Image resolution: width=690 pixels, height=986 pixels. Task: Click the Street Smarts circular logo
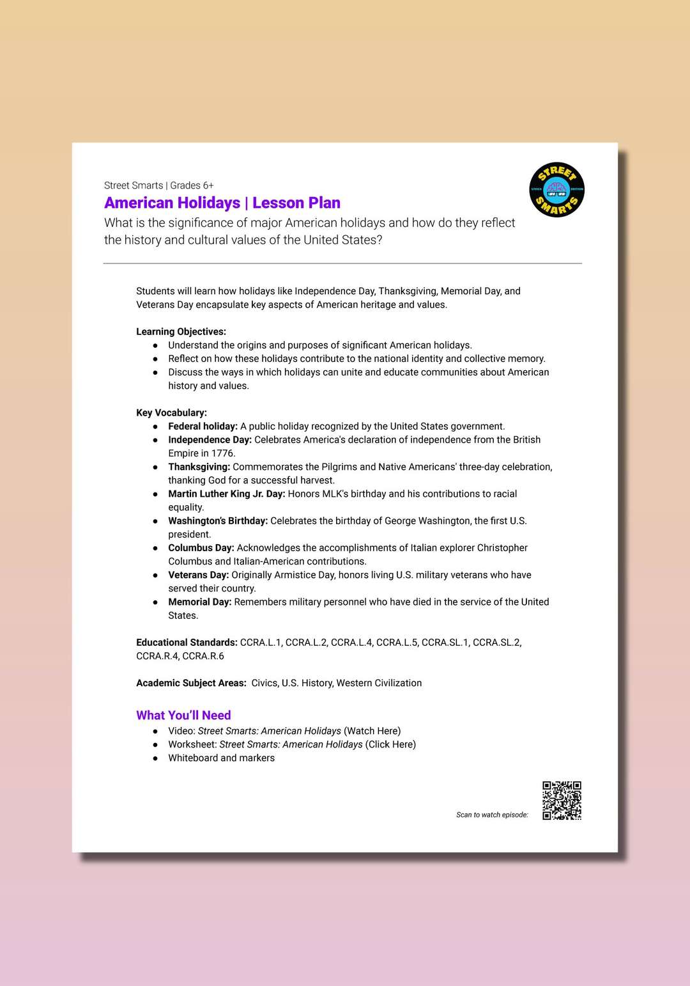[556, 190]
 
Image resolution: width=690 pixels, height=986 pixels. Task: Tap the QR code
[562, 800]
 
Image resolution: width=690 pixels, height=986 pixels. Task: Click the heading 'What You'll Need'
[183, 716]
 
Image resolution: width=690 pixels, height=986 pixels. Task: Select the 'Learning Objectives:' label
[181, 332]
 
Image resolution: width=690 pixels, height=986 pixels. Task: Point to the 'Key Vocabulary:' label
[171, 413]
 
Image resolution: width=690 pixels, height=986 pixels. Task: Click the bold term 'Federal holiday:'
[203, 426]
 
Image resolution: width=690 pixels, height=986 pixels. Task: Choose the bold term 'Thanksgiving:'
[199, 467]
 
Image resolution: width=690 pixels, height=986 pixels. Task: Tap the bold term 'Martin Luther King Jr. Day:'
[226, 494]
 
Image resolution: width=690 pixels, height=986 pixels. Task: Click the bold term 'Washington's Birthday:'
[217, 521]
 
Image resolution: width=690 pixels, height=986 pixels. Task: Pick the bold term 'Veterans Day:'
[198, 575]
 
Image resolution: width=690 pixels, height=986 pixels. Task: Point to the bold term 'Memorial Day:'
[199, 602]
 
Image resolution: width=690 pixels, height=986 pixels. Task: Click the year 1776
[222, 453]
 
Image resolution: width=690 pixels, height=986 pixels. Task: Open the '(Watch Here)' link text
[372, 731]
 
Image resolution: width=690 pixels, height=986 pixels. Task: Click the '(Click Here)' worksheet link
[390, 744]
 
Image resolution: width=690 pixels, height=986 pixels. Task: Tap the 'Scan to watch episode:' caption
[492, 815]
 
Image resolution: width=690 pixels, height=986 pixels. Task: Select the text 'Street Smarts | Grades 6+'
[158, 185]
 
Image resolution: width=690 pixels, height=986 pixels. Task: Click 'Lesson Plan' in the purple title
[296, 203]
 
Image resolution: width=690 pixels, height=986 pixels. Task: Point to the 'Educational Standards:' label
[187, 643]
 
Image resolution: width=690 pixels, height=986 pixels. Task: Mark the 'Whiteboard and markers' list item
[221, 758]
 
